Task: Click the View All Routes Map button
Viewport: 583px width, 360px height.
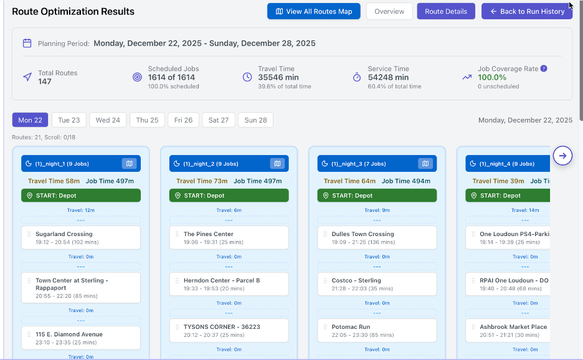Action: click(313, 11)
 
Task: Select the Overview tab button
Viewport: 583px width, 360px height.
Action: click(389, 11)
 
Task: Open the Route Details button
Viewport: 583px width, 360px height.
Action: click(446, 11)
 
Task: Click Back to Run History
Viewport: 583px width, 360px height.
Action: click(526, 11)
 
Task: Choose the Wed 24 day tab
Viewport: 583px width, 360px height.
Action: click(108, 120)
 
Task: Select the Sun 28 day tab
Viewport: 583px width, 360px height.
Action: click(255, 120)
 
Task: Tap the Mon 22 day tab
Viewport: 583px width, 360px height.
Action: click(30, 120)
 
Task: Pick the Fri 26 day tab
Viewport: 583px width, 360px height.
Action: click(184, 120)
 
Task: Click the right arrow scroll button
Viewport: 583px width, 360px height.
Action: click(562, 156)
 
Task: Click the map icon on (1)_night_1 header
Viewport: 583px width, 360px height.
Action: click(129, 164)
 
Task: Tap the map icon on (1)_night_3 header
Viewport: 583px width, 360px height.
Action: click(425, 164)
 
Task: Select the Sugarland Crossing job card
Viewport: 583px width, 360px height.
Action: click(81, 238)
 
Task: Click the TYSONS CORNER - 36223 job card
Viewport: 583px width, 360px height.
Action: click(229, 330)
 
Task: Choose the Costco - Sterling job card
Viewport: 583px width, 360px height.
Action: click(377, 284)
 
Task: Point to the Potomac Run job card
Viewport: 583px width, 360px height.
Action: click(377, 330)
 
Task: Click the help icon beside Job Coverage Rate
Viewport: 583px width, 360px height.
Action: click(544, 69)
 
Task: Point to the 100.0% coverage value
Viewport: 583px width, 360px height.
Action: click(492, 78)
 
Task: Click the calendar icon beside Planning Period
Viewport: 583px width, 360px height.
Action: click(27, 44)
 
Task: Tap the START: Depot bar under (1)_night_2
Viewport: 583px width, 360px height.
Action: click(229, 196)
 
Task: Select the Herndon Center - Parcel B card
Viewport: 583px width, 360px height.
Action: click(229, 284)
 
